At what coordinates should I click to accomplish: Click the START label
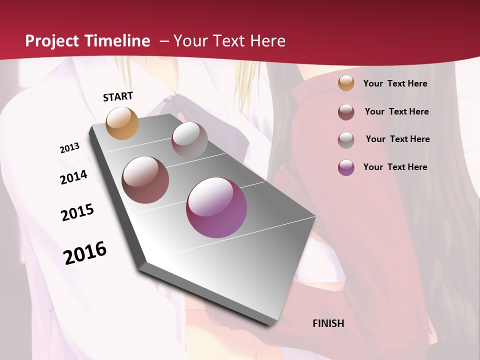(118, 96)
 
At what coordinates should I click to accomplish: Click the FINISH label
(328, 323)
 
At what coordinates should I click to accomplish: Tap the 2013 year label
(70, 148)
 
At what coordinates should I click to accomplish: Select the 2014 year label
(73, 177)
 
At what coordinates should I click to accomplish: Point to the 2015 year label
(77, 212)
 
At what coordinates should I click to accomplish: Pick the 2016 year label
(85, 252)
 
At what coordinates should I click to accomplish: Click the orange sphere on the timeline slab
(122, 123)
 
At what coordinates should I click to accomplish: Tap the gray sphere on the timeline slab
(189, 140)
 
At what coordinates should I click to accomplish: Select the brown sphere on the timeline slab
(145, 179)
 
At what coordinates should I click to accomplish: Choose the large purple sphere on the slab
(216, 207)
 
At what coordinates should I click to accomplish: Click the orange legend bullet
(346, 83)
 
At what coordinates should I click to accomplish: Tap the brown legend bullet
(346, 111)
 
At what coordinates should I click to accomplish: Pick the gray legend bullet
(346, 139)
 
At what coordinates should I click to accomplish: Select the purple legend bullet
(346, 167)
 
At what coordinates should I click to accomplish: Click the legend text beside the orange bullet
(395, 83)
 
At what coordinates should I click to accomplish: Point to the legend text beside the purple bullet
(395, 167)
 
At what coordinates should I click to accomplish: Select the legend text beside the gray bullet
(397, 139)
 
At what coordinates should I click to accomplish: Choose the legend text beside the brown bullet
(396, 111)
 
